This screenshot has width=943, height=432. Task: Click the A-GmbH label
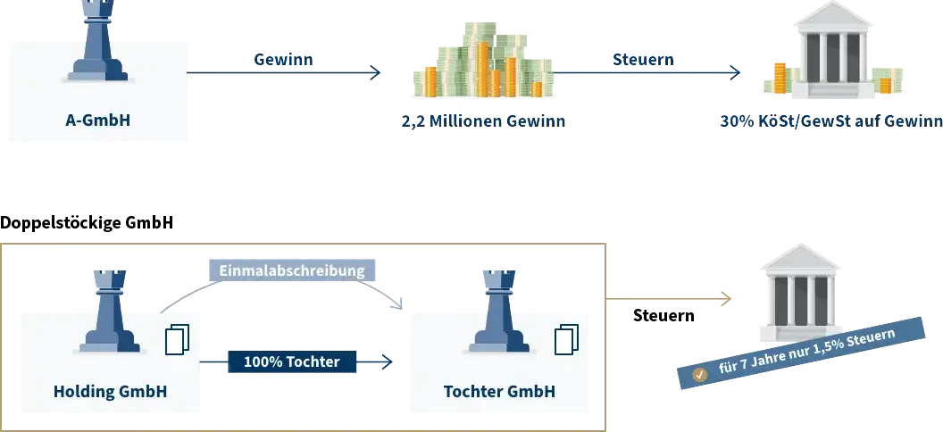(x=98, y=120)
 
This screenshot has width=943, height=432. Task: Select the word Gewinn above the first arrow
(x=283, y=59)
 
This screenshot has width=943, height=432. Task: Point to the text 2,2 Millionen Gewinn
(x=483, y=121)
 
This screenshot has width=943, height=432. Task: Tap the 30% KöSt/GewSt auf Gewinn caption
(x=831, y=121)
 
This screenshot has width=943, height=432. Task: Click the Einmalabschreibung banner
(x=292, y=270)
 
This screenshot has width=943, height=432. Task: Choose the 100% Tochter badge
(x=292, y=361)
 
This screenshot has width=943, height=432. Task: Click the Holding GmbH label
(x=110, y=392)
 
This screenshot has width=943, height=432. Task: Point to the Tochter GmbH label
(x=499, y=392)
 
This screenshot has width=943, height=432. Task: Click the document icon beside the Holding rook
(x=178, y=340)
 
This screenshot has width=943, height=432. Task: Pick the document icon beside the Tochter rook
(x=566, y=340)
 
